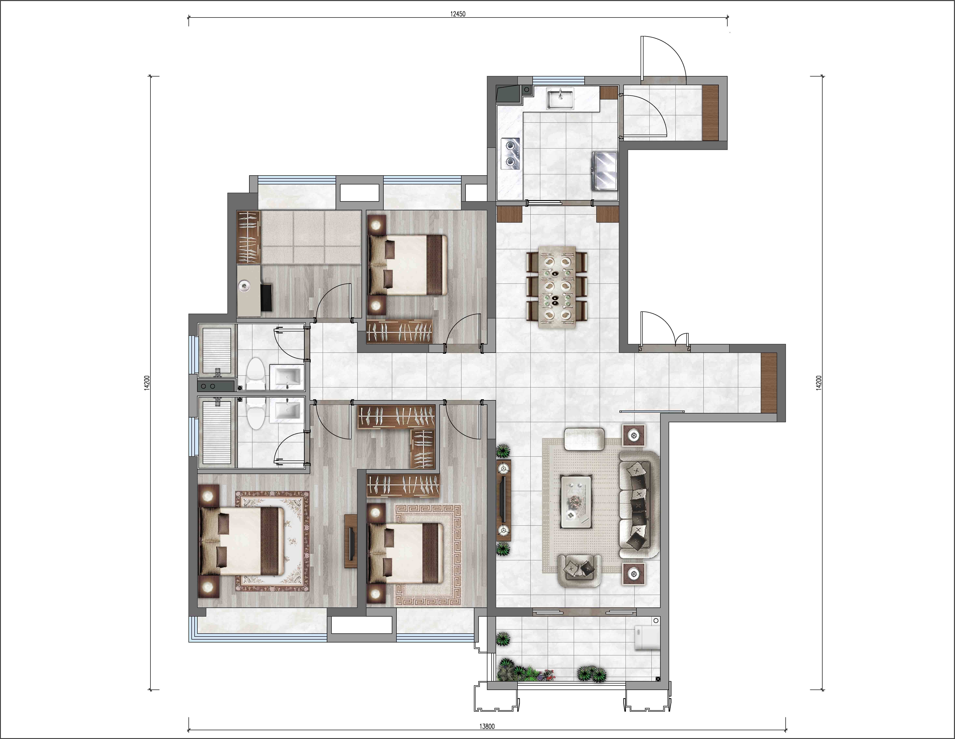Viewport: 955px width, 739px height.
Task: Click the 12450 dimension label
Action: (x=458, y=14)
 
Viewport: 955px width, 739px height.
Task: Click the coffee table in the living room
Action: (x=576, y=502)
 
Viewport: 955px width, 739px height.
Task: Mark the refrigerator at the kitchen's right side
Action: (x=604, y=171)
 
